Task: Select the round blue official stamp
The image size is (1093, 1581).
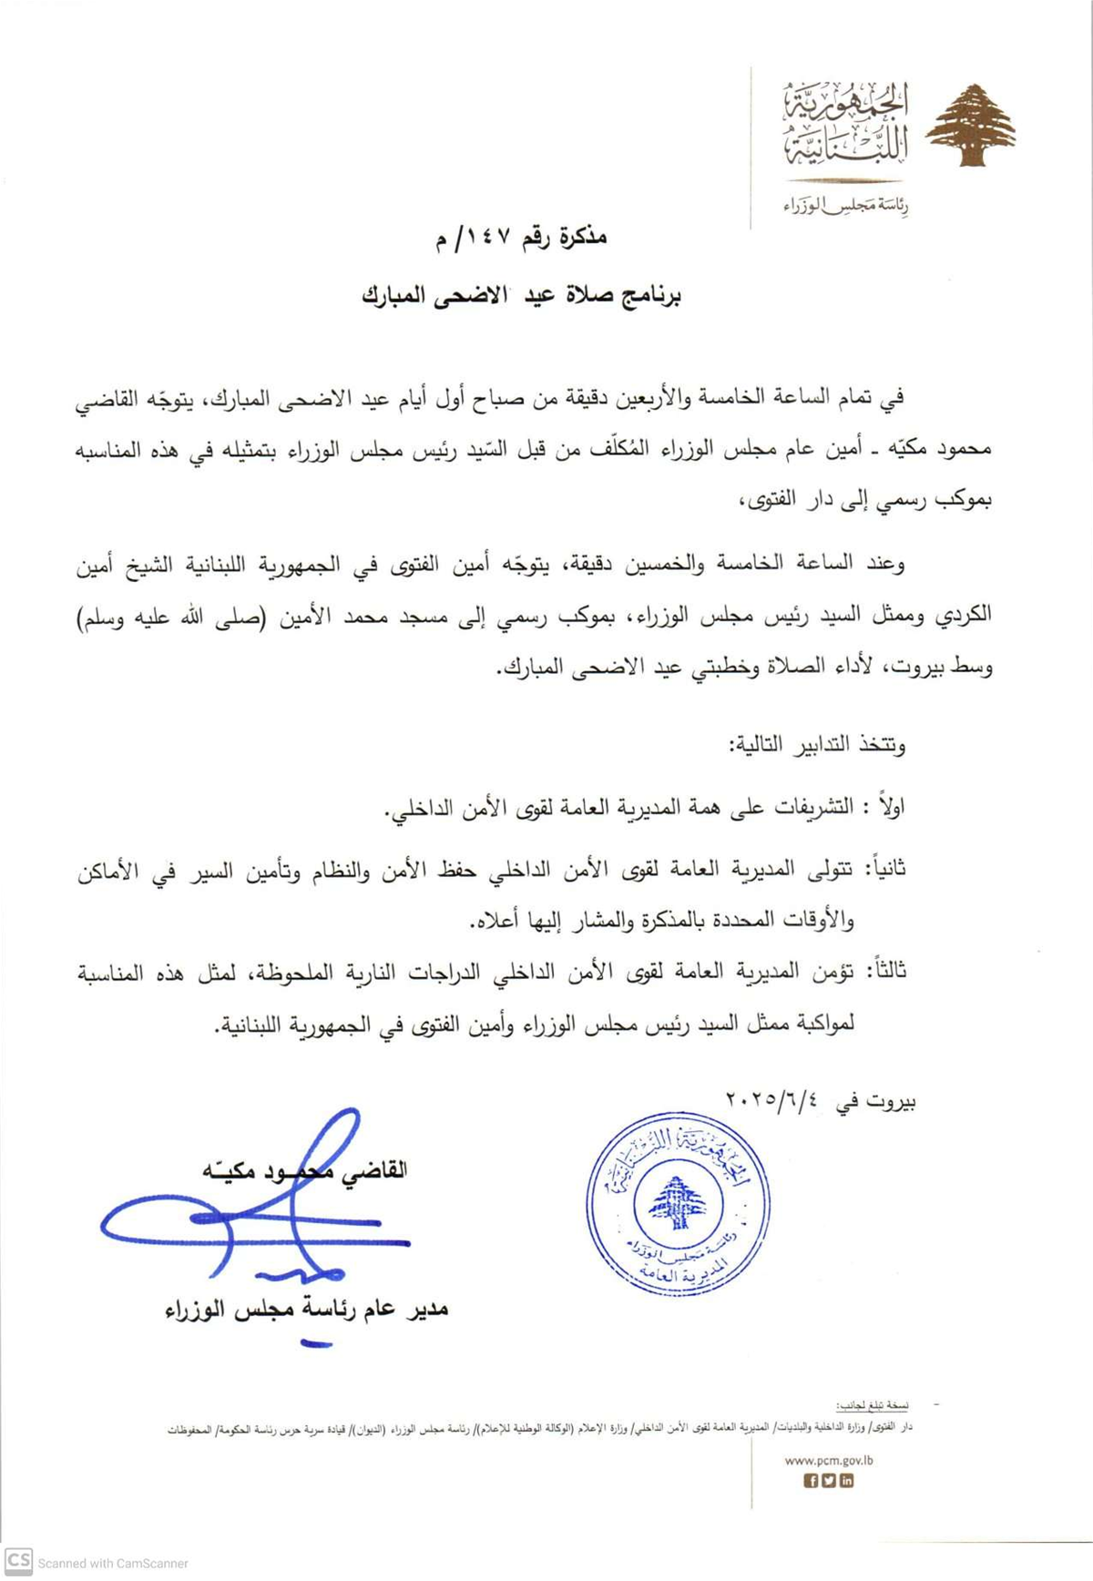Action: (678, 1203)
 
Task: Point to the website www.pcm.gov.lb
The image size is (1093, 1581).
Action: (829, 1459)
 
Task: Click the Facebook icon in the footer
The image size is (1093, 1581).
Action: (811, 1480)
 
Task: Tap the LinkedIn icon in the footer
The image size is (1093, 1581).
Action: (846, 1480)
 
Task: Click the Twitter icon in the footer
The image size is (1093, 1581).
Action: (829, 1480)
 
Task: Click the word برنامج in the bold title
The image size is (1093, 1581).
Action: (649, 296)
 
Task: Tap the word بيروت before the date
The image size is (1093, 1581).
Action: (889, 1101)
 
